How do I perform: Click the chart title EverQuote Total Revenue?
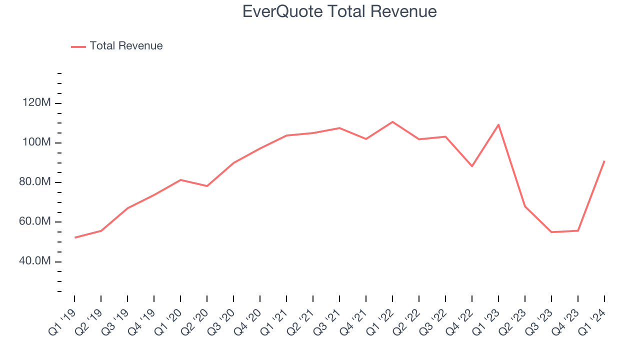point(339,11)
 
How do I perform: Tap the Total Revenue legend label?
point(126,46)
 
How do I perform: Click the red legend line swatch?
point(78,46)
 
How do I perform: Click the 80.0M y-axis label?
point(34,182)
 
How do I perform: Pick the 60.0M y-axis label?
point(34,222)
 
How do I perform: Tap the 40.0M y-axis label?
point(34,261)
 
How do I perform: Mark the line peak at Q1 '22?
point(392,121)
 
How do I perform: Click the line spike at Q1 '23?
point(498,124)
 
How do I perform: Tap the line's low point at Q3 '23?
point(551,232)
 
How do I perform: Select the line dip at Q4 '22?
point(472,166)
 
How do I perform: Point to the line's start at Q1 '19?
point(74,237)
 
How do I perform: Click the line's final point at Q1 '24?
point(604,161)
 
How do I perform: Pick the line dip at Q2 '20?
point(207,186)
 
